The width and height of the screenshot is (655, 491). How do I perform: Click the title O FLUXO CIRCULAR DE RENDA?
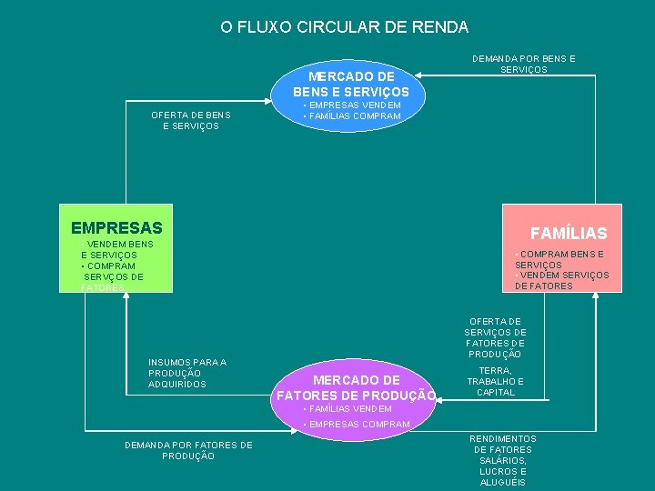coord(344,27)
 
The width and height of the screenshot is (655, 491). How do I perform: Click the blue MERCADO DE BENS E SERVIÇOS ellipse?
coord(351,84)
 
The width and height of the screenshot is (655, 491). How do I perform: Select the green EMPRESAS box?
coord(115,247)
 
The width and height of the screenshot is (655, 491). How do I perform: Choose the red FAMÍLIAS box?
coord(562,247)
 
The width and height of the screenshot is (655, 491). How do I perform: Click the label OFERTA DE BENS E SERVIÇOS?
coord(190,120)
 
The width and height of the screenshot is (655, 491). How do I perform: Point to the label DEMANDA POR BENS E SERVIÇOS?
coord(523,64)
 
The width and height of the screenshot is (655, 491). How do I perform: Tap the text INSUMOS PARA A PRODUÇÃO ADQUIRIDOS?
coord(187,373)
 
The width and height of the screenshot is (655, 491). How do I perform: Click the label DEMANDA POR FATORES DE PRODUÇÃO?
coord(188,450)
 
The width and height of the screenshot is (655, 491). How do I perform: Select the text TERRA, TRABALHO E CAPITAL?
coord(496,382)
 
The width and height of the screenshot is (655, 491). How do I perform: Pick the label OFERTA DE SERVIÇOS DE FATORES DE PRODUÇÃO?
coord(495,337)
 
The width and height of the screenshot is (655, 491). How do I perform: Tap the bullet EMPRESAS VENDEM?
coord(352,105)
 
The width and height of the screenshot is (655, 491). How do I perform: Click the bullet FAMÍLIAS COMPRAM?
coord(352,116)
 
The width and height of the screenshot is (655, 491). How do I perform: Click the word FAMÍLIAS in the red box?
coord(569,234)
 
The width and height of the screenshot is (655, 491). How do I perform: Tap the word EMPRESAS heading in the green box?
coord(116,228)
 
